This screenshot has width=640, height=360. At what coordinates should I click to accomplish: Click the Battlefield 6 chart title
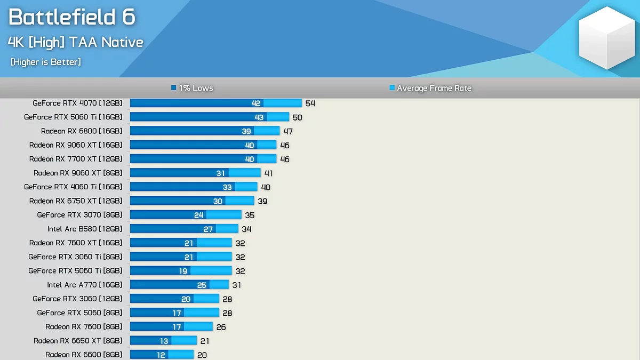(72, 17)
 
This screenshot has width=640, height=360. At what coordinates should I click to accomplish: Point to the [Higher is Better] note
(46, 62)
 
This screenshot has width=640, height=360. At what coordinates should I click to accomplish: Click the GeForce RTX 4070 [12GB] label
(77, 103)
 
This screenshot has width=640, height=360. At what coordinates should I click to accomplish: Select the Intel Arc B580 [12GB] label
(85, 229)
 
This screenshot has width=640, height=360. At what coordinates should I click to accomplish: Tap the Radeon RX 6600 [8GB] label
(84, 355)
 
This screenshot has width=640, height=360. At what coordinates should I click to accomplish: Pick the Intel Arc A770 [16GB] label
(85, 285)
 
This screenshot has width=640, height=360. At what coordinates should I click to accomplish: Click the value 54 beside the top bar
(310, 103)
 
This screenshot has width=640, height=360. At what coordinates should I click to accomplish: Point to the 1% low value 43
(259, 117)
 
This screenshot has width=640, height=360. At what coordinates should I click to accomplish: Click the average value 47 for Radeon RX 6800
(288, 131)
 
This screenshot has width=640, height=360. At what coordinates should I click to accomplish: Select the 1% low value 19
(183, 271)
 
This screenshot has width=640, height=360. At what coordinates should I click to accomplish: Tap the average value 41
(269, 173)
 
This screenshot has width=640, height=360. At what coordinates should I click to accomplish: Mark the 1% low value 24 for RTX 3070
(199, 215)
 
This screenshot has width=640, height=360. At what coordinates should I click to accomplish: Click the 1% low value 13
(164, 341)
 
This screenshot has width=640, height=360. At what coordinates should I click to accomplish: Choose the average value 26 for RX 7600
(221, 327)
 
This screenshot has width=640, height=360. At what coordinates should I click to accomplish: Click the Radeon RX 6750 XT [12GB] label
(76, 201)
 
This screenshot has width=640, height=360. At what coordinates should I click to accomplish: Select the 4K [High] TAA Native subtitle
(76, 42)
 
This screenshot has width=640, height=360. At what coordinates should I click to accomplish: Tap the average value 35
(250, 215)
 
